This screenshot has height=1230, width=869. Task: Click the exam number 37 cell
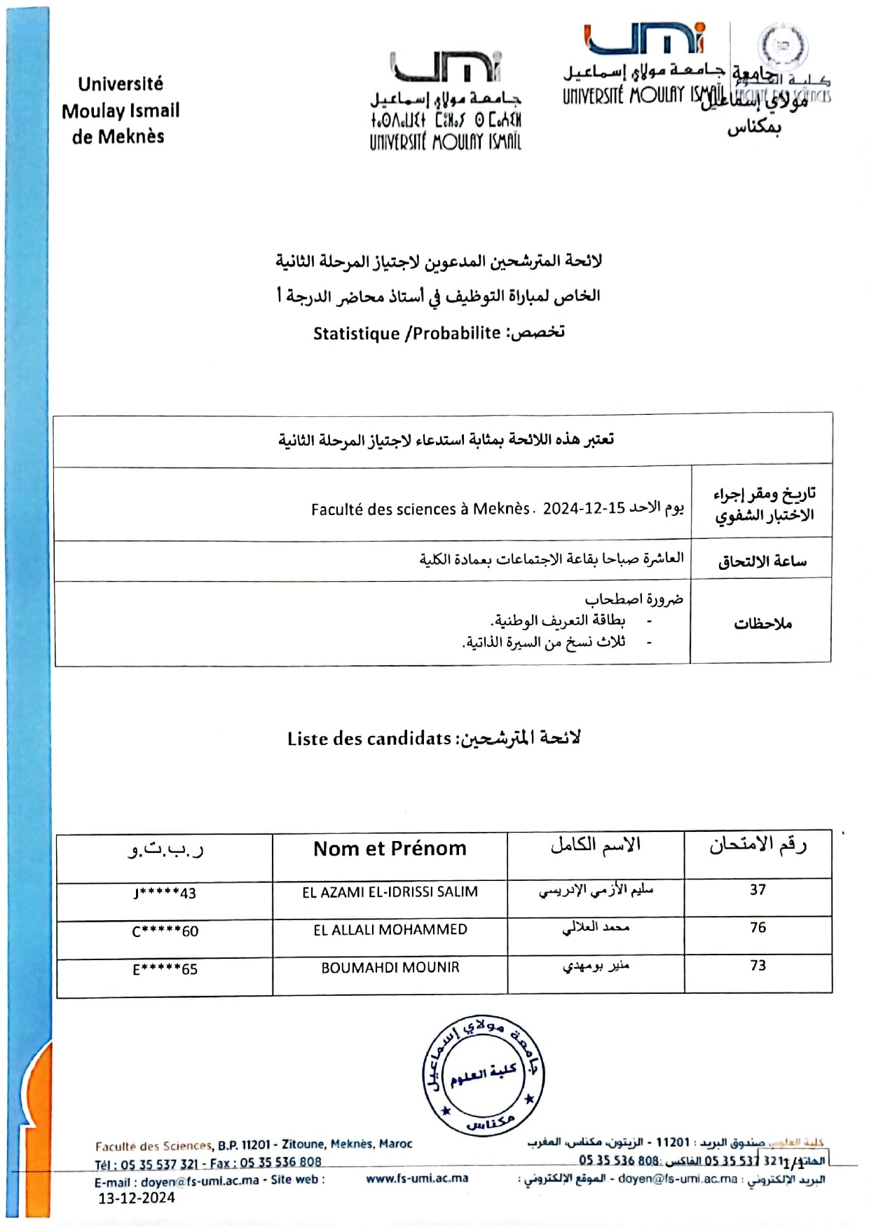click(758, 889)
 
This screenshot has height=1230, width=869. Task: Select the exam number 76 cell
click(758, 927)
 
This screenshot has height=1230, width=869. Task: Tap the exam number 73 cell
click(758, 965)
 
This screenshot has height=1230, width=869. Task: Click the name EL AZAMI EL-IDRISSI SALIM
click(390, 892)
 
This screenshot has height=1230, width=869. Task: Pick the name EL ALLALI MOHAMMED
click(390, 930)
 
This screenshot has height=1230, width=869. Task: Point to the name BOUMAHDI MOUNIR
click(390, 968)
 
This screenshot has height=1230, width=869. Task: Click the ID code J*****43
click(165, 894)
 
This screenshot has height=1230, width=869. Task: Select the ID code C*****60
click(165, 931)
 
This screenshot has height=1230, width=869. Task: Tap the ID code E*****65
click(165, 970)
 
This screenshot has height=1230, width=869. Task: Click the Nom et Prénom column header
click(390, 849)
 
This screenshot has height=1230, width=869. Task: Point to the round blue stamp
click(483, 1075)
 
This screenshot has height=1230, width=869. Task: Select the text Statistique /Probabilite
click(406, 334)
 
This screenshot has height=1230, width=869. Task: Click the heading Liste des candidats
click(369, 739)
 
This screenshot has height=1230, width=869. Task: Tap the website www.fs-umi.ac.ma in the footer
click(417, 1178)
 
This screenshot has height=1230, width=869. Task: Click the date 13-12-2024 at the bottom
click(137, 1198)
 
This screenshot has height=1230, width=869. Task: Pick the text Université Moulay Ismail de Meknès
click(121, 111)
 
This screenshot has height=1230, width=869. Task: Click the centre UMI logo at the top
click(446, 100)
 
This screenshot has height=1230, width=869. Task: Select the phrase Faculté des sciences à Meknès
click(420, 509)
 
